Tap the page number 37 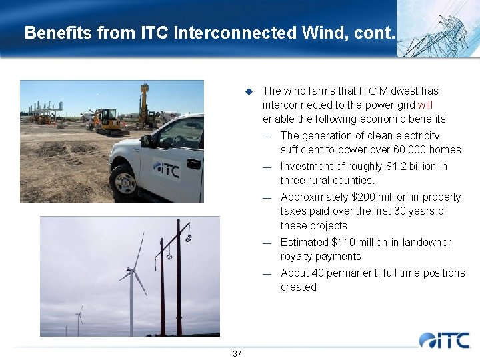(237, 353)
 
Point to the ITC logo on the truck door (166, 169)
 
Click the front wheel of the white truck (124, 182)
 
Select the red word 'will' (425, 105)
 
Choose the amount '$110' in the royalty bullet (345, 243)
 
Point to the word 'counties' (355, 180)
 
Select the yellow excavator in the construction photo (105, 121)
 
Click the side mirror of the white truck (146, 141)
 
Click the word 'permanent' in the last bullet (360, 273)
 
